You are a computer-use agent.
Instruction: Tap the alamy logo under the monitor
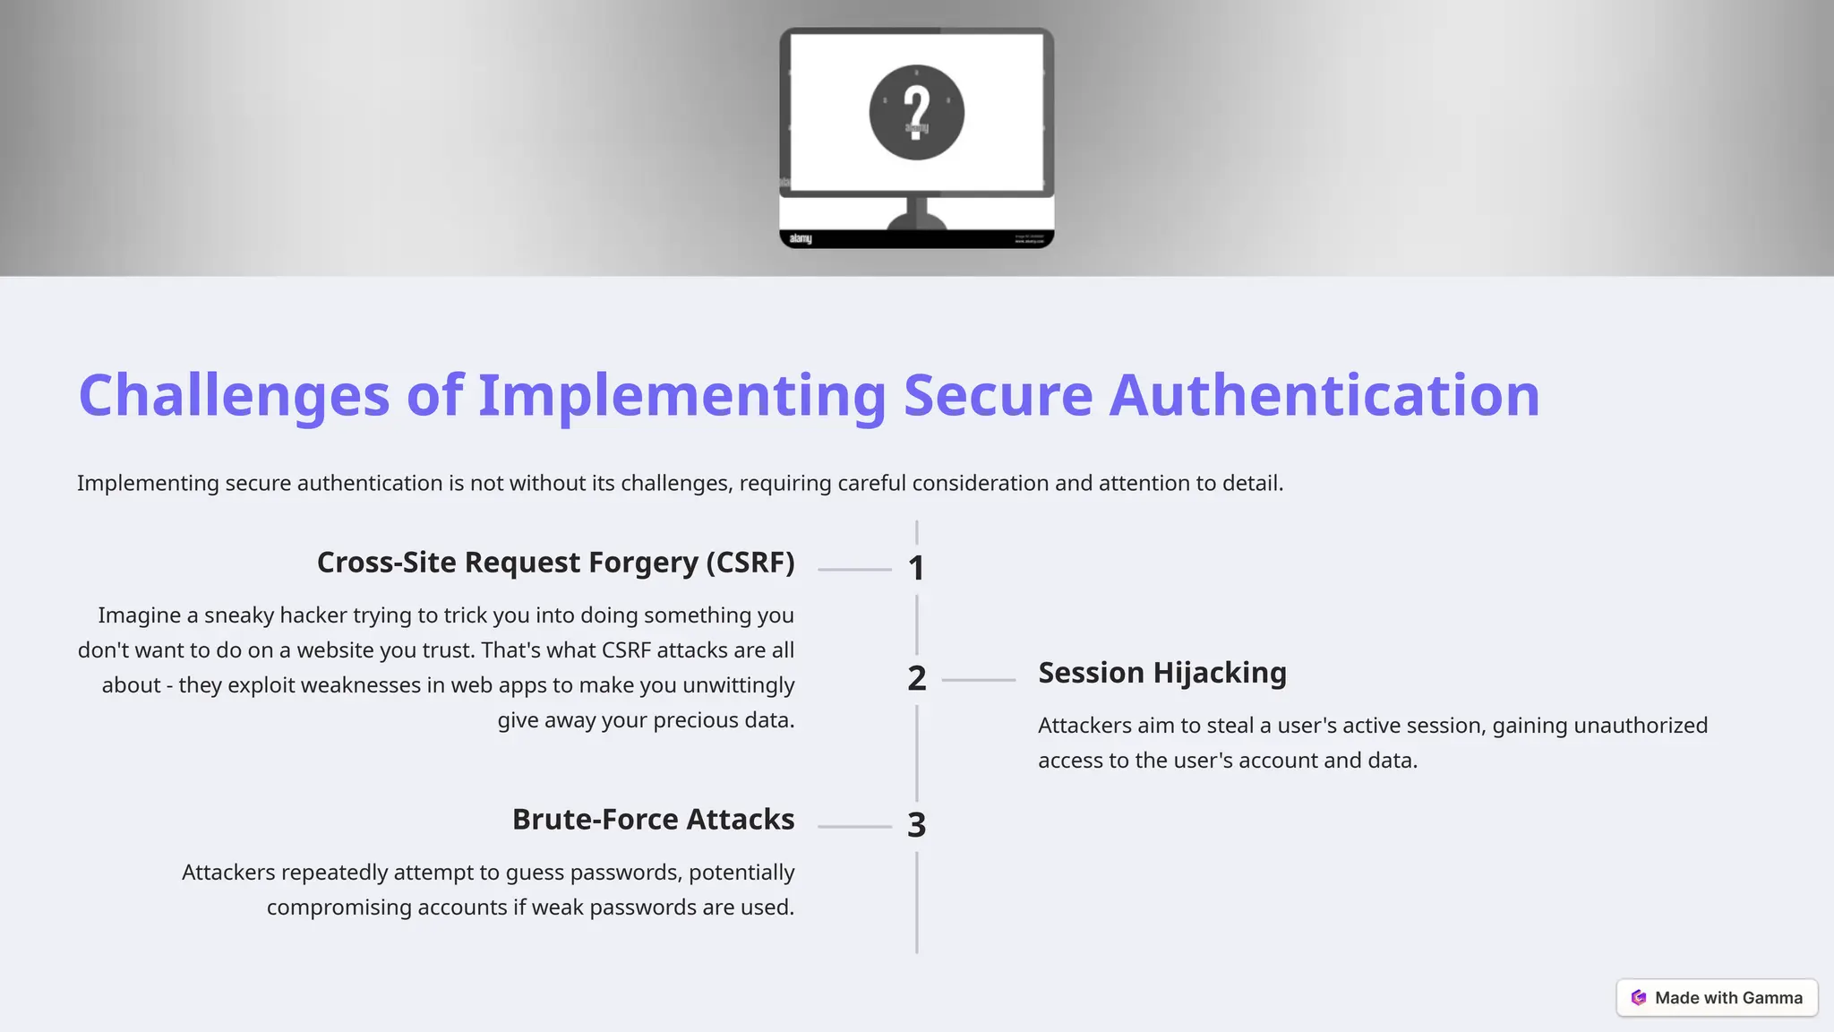pyautogui.click(x=801, y=238)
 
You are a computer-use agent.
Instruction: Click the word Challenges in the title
pyautogui.click(x=234, y=395)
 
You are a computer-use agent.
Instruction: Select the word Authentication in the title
pyautogui.click(x=1324, y=395)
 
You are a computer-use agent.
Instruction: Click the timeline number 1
pyautogui.click(x=916, y=568)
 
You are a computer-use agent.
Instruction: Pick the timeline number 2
pyautogui.click(x=916, y=678)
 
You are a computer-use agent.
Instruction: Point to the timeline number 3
pyautogui.click(x=916, y=825)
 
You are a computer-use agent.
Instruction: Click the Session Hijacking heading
pyautogui.click(x=1161, y=673)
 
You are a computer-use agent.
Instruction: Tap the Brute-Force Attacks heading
pyautogui.click(x=653, y=820)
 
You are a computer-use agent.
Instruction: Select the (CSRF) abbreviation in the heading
pyautogui.click(x=750, y=563)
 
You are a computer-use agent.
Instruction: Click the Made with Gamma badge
pyautogui.click(x=1717, y=998)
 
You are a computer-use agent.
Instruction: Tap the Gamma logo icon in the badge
pyautogui.click(x=1639, y=998)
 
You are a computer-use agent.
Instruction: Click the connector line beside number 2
pyautogui.click(x=978, y=680)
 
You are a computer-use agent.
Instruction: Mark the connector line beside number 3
pyautogui.click(x=854, y=826)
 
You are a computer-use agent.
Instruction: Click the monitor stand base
pyautogui.click(x=916, y=219)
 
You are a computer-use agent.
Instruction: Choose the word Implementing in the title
pyautogui.click(x=681, y=395)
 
